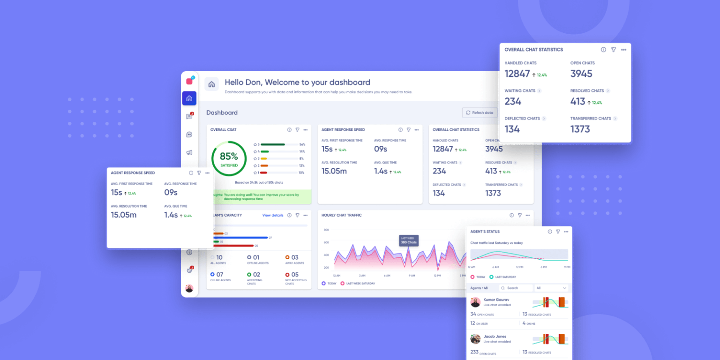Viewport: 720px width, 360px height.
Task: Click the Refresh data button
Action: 480,112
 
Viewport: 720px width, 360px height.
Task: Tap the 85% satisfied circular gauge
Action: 229,158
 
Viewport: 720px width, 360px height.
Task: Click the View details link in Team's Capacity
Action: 272,215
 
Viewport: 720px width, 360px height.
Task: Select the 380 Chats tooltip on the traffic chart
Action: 408,240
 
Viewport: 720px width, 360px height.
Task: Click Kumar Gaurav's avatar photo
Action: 475,302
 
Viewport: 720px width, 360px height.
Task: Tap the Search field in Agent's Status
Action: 515,288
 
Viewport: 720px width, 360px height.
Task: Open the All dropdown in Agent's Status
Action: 551,288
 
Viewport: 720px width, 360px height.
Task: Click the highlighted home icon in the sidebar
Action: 189,98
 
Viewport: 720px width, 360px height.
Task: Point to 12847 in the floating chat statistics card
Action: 517,74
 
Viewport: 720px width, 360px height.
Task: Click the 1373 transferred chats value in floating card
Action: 580,129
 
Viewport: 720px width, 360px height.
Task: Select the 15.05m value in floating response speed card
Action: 123,215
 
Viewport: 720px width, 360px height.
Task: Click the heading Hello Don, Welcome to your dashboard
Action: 297,82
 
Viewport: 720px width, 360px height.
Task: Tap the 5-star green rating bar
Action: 273,144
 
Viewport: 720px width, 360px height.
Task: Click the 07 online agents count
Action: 219,274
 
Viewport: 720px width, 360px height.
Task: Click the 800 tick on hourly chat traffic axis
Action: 326,230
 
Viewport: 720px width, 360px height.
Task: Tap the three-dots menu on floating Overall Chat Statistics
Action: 623,50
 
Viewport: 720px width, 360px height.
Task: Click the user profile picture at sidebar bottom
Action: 189,288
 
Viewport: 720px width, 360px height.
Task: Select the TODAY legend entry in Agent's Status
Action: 479,277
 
